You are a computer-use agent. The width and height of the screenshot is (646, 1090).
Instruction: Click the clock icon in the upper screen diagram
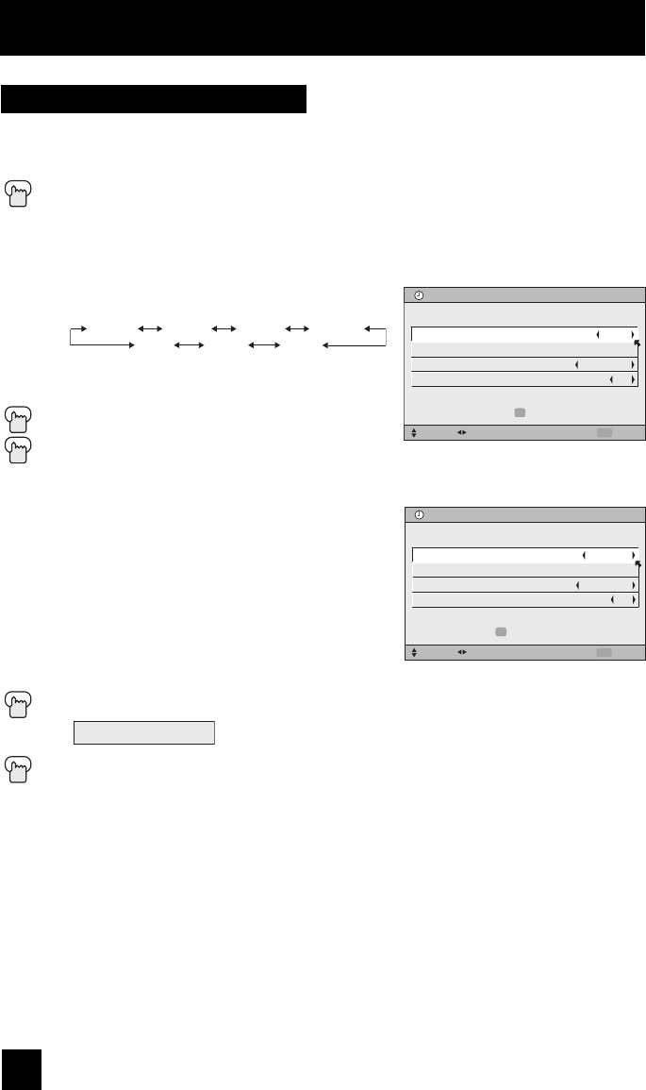tap(420, 295)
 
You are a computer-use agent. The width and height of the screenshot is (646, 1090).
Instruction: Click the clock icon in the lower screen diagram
tap(420, 515)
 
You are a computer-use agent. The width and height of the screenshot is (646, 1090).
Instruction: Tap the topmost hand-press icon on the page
tap(18, 193)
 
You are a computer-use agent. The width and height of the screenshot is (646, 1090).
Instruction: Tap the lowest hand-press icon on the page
tap(18, 773)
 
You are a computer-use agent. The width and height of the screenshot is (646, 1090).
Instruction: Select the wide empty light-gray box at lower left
tap(145, 733)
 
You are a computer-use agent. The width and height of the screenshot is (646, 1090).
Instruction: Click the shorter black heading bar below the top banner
tap(155, 99)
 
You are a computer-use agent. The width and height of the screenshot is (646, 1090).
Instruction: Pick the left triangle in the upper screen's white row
tap(597, 334)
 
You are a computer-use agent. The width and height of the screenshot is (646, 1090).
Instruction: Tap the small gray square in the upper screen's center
tap(519, 412)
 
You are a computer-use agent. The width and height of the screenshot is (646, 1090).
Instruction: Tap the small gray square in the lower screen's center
tap(501, 632)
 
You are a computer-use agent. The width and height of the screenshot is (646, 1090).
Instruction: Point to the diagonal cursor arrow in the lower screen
tap(638, 564)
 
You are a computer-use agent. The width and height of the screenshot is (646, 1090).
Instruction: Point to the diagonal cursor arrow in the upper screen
tap(637, 344)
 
